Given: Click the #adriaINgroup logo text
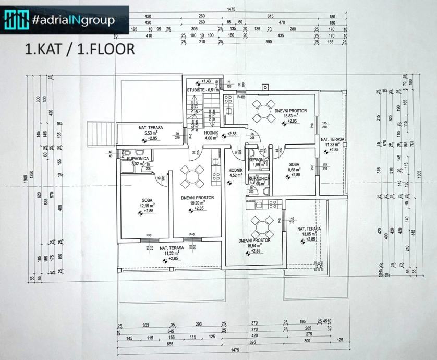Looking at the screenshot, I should tap(72, 20).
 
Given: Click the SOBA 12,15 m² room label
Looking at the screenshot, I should tap(147, 205).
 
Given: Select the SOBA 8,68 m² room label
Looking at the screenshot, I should tap(295, 169).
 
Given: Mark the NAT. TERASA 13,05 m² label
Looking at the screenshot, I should tap(309, 234).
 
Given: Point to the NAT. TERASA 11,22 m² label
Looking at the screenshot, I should tap(172, 253).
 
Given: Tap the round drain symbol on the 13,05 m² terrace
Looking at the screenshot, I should tap(318, 266).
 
